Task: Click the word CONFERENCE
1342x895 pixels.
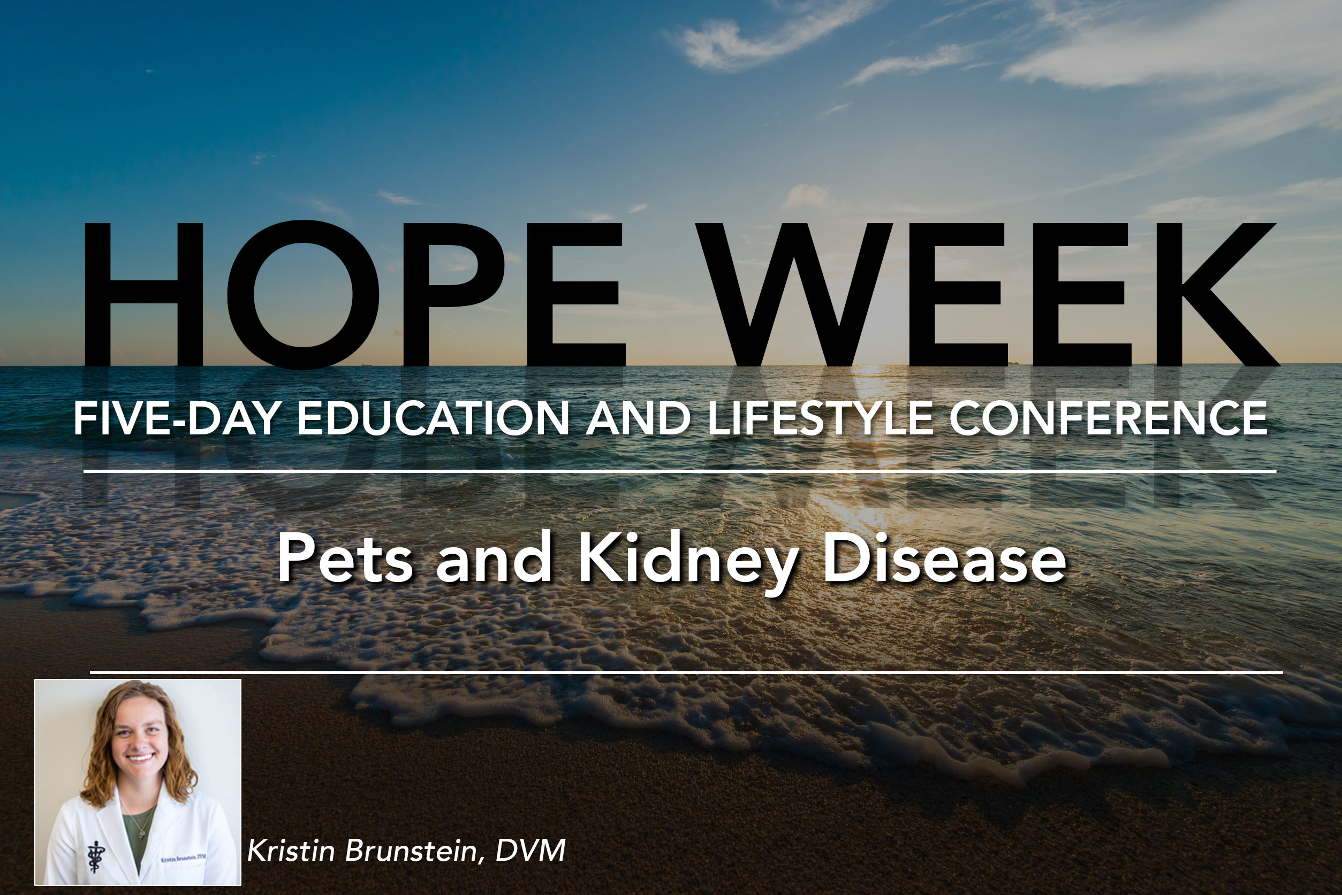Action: coord(1109,418)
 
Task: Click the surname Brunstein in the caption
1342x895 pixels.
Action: coord(411,851)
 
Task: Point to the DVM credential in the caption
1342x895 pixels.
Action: coord(530,851)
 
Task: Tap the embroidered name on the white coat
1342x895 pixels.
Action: coord(184,858)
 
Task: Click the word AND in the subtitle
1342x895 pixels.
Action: coord(639,418)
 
